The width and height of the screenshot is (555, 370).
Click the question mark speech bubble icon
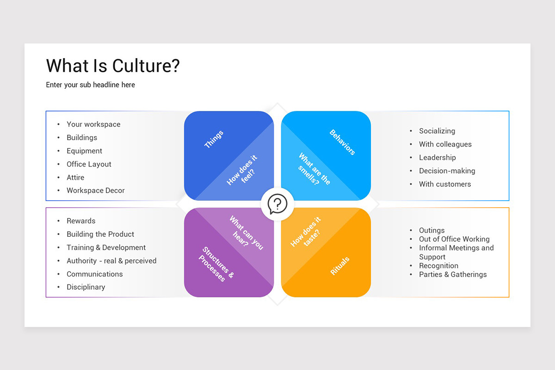coord(277,204)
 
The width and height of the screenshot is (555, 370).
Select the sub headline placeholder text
coord(90,85)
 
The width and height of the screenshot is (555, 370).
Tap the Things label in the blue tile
coord(214,139)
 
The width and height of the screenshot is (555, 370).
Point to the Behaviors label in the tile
coord(342,142)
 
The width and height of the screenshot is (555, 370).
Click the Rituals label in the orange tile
coord(340,266)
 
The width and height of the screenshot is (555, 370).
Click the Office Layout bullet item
coord(89,164)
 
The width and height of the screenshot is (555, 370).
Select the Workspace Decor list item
coord(95,191)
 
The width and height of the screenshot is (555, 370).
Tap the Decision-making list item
coord(447,171)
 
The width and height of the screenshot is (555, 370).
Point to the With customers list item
coord(444,184)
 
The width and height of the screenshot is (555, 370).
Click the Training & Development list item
coord(106,247)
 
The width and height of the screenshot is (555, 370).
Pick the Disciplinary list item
coord(86,287)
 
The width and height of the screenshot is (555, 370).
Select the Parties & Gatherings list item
coord(452,274)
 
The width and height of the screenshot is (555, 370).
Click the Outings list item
coord(432,230)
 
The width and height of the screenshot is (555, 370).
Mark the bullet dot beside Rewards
coord(58,221)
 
